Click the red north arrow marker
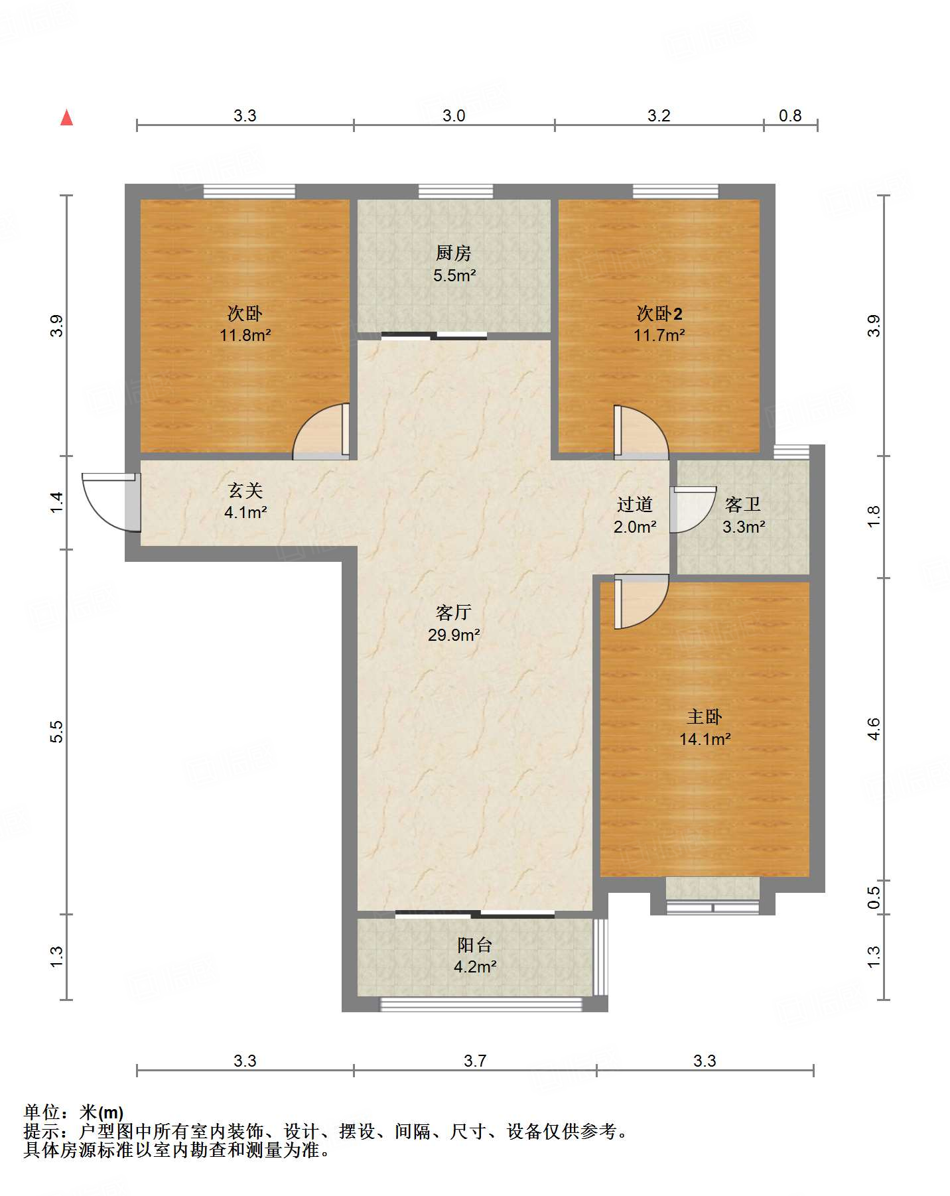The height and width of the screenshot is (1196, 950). tap(66, 117)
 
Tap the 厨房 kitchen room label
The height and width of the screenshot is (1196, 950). tap(454, 253)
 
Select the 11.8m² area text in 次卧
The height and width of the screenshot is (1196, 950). tap(245, 335)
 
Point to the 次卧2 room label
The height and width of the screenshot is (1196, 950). tap(659, 313)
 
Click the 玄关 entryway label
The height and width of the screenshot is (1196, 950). tap(245, 490)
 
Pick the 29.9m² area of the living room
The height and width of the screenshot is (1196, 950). tap(454, 635)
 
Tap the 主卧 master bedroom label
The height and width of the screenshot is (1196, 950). tap(705, 716)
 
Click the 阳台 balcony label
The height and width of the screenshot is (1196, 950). tap(474, 945)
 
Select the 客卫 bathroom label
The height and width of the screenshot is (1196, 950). tap(743, 505)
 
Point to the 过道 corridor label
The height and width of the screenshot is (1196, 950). tap(635, 505)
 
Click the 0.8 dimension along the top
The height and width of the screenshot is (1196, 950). tap(790, 115)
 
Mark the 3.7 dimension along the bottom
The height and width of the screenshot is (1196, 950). tap(475, 1061)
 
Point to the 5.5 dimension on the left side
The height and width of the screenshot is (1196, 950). tap(57, 731)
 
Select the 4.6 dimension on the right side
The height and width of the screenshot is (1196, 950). tap(874, 729)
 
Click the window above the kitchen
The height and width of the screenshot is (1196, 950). tap(456, 191)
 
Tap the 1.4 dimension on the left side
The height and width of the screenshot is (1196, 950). tap(57, 501)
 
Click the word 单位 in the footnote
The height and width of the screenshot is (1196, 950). tap(41, 1112)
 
